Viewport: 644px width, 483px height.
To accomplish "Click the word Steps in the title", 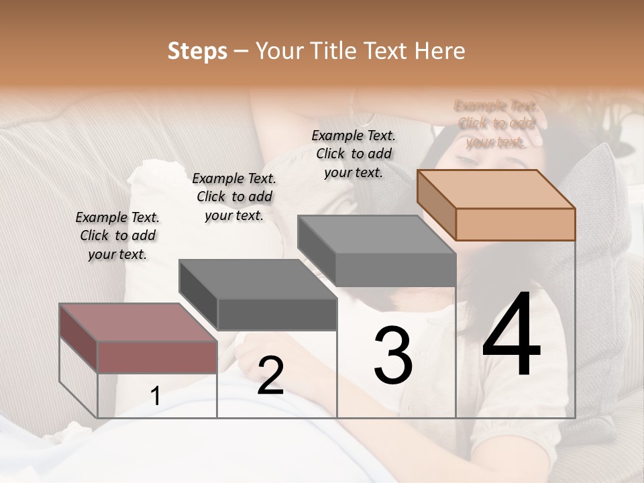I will pyautogui.click(x=197, y=51).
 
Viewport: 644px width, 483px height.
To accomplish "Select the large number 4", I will pyautogui.click(x=511, y=335).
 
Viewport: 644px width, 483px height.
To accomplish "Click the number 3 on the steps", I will pyautogui.click(x=393, y=356).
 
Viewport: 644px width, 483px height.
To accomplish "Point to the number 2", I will pyautogui.click(x=270, y=376).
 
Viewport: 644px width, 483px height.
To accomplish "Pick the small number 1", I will pyautogui.click(x=156, y=396).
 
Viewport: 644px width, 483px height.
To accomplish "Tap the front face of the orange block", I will pyautogui.click(x=515, y=224).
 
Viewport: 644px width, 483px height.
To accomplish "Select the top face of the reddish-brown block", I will pyautogui.click(x=138, y=322).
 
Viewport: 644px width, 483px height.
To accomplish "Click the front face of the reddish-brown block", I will pyautogui.click(x=157, y=357).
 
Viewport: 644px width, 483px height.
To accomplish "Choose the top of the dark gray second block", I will pyautogui.click(x=258, y=278).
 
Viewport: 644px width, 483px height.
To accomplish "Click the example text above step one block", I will pyautogui.click(x=117, y=235).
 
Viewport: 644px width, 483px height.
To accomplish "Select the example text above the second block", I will pyautogui.click(x=234, y=197).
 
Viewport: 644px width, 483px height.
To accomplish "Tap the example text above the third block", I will pyautogui.click(x=354, y=154).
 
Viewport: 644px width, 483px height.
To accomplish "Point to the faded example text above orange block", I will pyautogui.click(x=496, y=123).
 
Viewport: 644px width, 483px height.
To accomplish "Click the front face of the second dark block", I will pyautogui.click(x=276, y=314).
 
